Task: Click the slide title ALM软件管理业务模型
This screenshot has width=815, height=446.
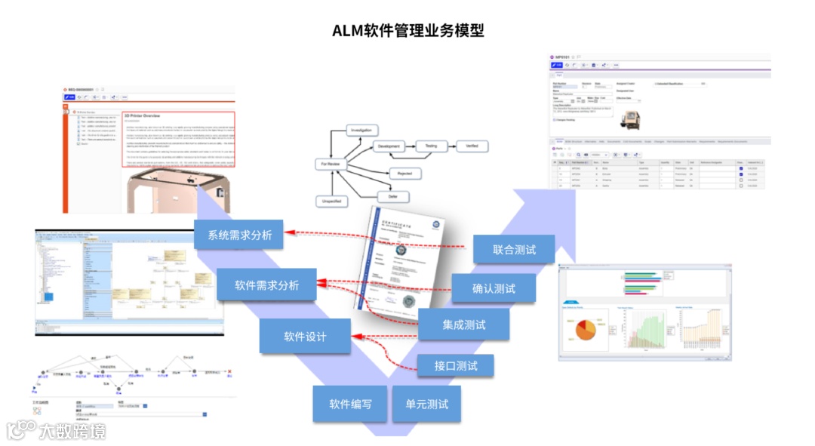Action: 407,30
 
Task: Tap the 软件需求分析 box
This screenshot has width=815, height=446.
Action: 266,285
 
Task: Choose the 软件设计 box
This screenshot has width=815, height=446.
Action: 305,336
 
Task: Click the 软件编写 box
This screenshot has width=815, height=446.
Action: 350,404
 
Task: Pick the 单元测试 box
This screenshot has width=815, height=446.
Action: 427,404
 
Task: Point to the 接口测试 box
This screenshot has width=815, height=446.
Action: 456,366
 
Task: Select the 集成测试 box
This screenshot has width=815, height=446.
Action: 464,325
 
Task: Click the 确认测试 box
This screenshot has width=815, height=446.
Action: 494,288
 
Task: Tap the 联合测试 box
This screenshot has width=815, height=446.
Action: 514,250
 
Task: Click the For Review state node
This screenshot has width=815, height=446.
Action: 329,164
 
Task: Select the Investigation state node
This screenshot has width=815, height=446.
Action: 367,131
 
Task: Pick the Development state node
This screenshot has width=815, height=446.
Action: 389,146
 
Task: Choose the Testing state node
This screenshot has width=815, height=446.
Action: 431,146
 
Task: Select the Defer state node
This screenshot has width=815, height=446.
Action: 393,197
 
